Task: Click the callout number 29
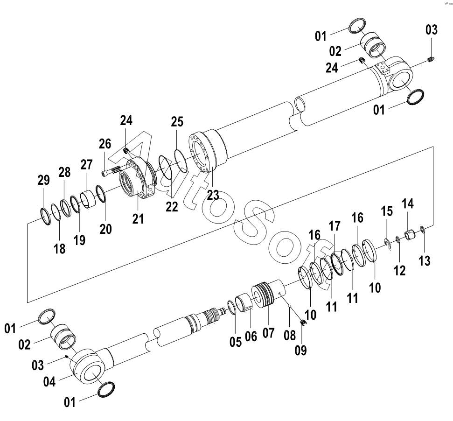44,180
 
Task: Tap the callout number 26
105,144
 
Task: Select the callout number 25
177,122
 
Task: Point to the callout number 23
213,195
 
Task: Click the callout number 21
138,219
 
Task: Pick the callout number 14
408,203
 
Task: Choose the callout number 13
425,260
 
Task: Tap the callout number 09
300,350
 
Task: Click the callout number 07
268,333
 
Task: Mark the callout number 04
49,382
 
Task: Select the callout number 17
335,226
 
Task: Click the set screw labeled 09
303,323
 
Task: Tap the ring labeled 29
46,216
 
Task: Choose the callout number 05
236,342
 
